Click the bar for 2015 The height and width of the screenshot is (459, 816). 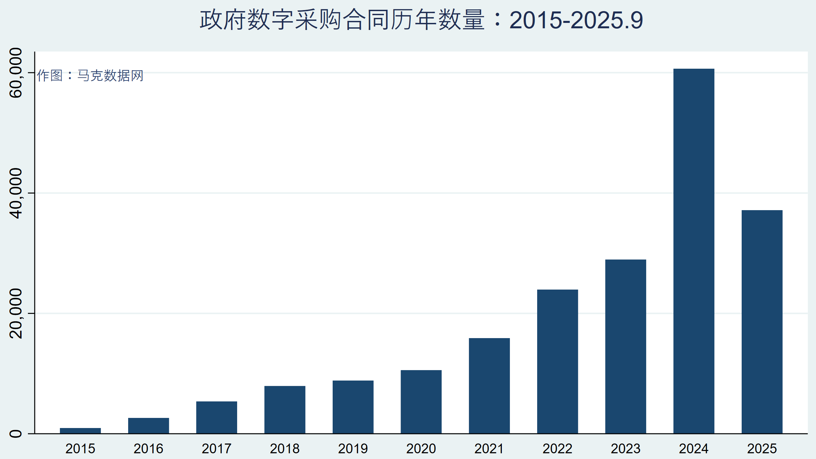click(x=80, y=431)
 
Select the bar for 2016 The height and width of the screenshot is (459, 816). click(x=149, y=426)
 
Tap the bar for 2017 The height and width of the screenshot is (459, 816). click(x=217, y=417)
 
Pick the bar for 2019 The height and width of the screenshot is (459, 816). click(x=353, y=407)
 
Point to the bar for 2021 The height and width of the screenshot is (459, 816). click(x=489, y=386)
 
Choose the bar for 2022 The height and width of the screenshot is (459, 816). click(x=558, y=361)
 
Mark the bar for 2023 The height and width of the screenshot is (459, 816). click(x=626, y=347)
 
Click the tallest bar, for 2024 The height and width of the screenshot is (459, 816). click(x=694, y=251)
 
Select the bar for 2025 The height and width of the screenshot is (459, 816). click(x=762, y=322)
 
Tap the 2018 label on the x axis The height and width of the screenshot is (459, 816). click(x=285, y=449)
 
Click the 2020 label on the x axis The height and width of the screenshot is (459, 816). click(x=421, y=449)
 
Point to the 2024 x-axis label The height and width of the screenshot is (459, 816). click(x=694, y=449)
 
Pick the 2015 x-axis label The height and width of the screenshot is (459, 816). click(x=80, y=449)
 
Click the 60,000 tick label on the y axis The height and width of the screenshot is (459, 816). click(x=16, y=73)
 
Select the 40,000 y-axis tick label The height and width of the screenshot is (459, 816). click(x=16, y=193)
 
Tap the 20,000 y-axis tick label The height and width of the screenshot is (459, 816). click(x=16, y=313)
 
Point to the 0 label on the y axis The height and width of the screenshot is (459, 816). click(x=16, y=433)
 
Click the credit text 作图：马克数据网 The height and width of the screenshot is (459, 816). click(x=90, y=75)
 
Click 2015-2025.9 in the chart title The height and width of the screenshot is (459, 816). click(x=576, y=20)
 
